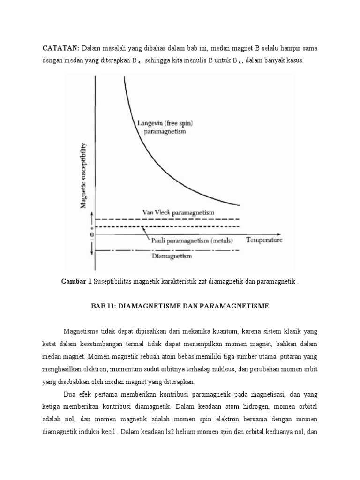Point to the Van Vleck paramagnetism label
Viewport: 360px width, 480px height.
click(178, 212)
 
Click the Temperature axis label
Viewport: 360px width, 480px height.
click(264, 240)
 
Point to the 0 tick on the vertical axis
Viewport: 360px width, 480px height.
click(91, 234)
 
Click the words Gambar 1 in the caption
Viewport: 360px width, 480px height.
click(77, 281)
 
